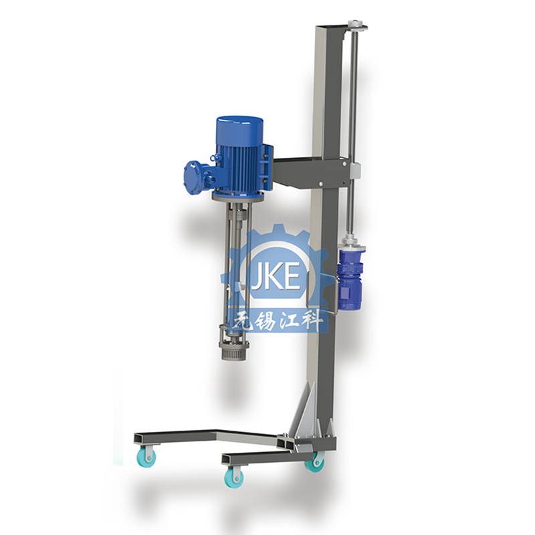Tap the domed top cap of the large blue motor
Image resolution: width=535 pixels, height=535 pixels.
click(239, 126)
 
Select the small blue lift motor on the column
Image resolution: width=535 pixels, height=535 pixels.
click(350, 276)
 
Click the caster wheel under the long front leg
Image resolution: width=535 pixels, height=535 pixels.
click(147, 457)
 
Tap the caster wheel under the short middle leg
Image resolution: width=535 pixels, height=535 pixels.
click(234, 477)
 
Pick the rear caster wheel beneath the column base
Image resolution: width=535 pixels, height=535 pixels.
click(314, 462)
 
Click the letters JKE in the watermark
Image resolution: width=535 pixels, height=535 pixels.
click(276, 276)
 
